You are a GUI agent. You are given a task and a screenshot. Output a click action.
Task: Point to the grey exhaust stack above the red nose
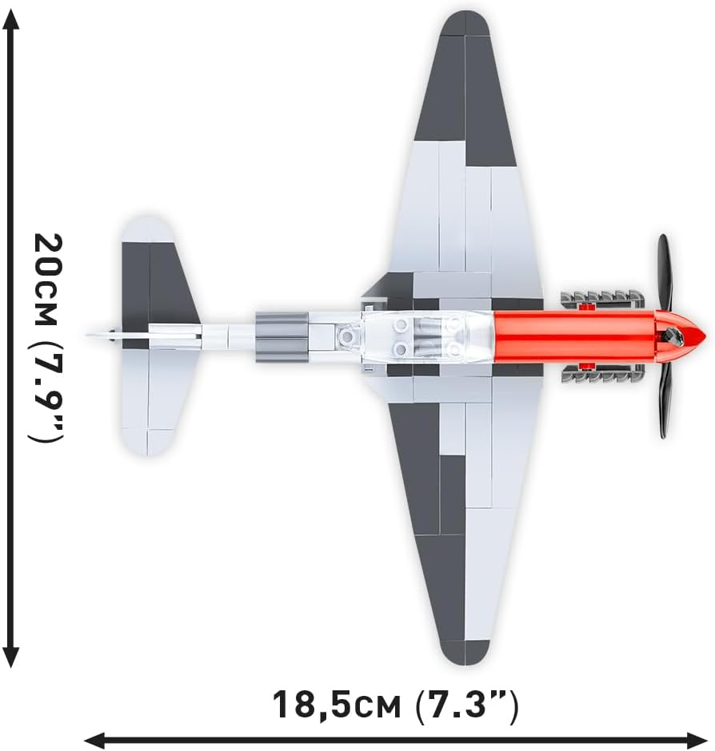point(602,300)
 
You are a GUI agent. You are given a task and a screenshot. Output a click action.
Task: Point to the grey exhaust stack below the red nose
point(602,372)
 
